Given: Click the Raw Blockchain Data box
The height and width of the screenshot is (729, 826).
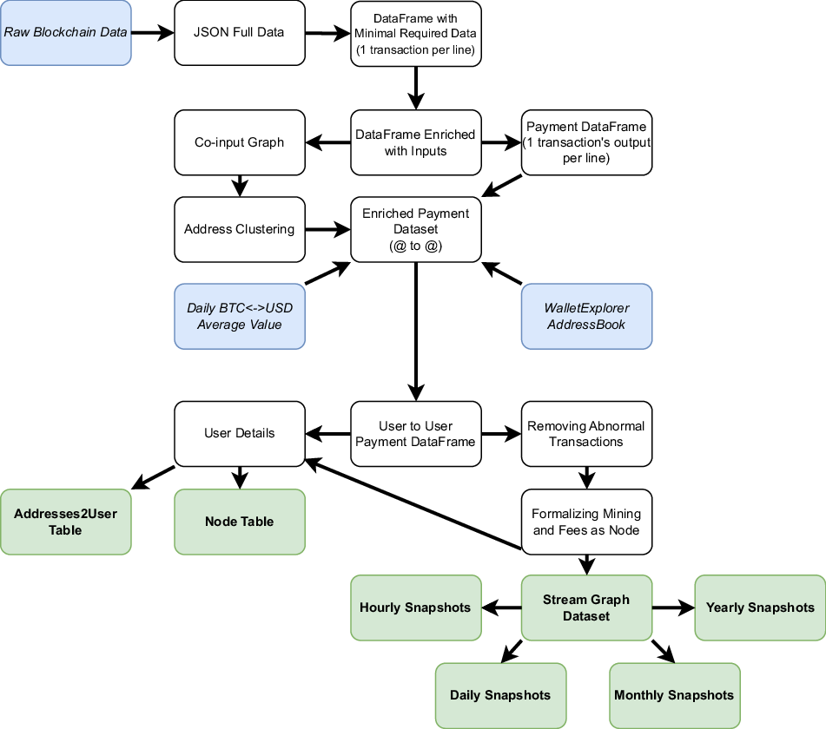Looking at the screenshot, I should point(66,33).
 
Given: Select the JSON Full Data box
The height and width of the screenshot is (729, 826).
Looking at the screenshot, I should point(240,33).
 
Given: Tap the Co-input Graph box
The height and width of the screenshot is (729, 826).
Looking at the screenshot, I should point(240,142).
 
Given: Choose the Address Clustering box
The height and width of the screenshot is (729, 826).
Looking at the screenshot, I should point(240,229).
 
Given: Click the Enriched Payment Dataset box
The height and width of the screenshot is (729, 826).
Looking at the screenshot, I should point(415,229).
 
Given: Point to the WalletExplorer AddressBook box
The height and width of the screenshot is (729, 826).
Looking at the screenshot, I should point(586,317).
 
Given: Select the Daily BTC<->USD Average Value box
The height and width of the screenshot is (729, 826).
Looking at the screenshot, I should point(240,317).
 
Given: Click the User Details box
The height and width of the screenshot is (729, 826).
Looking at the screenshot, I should point(240,433).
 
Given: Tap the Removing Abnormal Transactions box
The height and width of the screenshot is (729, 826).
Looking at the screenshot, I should point(586,433).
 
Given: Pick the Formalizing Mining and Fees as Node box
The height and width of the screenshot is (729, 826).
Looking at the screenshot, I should point(586,522).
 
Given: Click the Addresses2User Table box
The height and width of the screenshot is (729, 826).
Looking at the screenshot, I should point(66,522).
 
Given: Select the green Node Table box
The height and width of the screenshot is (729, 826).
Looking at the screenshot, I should point(240,522).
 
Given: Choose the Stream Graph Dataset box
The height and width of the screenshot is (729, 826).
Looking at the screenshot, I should point(586,607).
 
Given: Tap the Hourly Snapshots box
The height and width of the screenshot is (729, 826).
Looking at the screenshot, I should point(415,607).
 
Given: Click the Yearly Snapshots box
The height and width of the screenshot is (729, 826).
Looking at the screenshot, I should point(760,607).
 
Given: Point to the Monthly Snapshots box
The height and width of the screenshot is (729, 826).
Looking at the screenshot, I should point(674,695).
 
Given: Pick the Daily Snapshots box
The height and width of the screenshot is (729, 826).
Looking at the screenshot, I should point(500,695).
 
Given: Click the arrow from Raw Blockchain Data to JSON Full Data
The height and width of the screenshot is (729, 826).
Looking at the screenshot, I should point(152,33).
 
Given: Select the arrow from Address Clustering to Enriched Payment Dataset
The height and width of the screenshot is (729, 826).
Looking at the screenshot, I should point(327,230).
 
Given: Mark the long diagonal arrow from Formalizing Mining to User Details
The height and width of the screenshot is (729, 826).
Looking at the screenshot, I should point(413,504).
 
